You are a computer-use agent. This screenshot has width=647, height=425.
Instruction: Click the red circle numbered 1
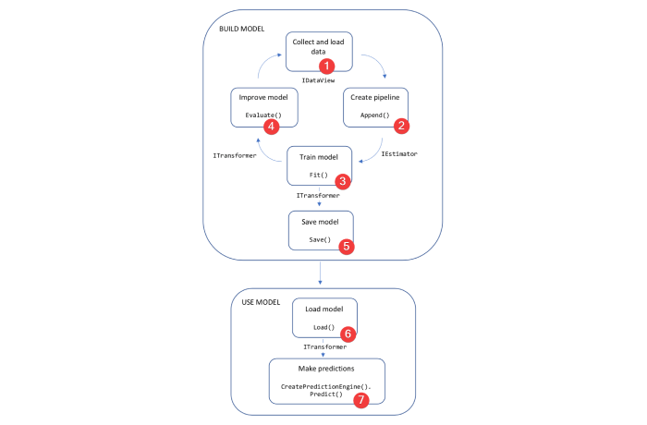325,67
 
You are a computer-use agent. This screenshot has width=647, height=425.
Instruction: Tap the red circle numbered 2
400,124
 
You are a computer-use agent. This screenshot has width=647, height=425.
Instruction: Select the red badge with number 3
342,182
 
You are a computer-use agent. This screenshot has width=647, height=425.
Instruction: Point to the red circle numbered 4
271,125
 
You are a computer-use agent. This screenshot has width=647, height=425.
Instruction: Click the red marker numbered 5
346,247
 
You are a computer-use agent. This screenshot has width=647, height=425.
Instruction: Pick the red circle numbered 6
348,334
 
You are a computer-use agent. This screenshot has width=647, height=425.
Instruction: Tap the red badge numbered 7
361,400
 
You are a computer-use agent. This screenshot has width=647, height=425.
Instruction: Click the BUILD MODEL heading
241,29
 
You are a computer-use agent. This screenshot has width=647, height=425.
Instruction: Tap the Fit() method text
319,174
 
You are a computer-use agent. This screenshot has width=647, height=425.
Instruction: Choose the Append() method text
374,115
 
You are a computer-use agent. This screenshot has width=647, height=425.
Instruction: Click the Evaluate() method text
262,115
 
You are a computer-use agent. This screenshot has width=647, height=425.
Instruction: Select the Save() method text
320,239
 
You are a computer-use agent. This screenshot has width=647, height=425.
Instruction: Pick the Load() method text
323,326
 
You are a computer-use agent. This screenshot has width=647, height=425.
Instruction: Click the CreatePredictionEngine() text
326,384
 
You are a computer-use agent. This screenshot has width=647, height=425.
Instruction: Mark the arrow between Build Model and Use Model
320,273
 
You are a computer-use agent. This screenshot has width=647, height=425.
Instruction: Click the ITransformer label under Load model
324,346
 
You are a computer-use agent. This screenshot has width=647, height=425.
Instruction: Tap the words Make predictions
325,369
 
